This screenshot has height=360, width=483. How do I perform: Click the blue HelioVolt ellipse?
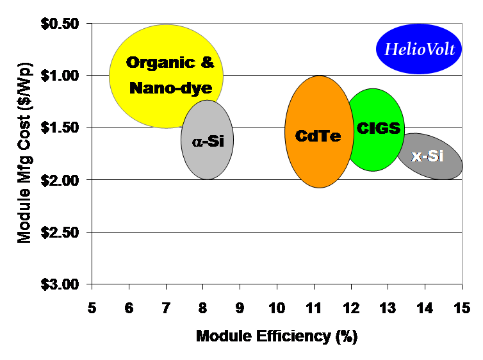click(x=419, y=49)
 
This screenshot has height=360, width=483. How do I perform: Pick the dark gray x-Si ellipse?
click(x=429, y=156)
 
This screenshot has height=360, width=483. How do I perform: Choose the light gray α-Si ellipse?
click(x=208, y=140)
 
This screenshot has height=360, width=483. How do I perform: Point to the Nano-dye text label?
click(x=170, y=88)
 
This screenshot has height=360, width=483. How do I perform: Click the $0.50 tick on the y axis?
click(x=61, y=24)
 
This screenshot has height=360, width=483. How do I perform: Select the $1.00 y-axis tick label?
click(x=61, y=76)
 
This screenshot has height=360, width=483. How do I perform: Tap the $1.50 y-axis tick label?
click(x=61, y=127)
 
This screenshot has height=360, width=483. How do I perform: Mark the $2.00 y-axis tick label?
click(x=61, y=180)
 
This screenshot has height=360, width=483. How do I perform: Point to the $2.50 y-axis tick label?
click(x=61, y=232)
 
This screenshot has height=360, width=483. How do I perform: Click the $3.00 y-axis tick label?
click(x=61, y=284)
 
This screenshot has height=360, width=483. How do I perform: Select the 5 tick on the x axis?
click(x=92, y=308)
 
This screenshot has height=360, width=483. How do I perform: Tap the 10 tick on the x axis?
click(x=277, y=308)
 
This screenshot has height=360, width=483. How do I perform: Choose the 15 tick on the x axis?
click(x=462, y=308)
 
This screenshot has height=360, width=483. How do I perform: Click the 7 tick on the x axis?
click(x=166, y=308)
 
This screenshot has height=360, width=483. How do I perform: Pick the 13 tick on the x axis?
click(x=388, y=308)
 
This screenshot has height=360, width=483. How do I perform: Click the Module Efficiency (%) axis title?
click(x=277, y=336)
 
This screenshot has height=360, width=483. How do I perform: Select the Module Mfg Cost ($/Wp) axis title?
click(x=24, y=154)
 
